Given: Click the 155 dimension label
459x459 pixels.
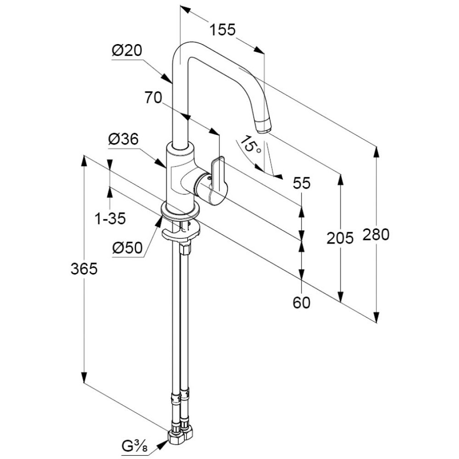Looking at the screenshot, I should click(223, 30).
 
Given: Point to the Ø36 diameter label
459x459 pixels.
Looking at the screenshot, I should click(123, 140).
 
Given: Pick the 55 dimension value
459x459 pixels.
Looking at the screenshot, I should click(301, 183).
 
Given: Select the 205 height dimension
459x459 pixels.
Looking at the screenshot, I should click(340, 238).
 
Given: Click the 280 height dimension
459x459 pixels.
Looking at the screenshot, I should click(376, 235).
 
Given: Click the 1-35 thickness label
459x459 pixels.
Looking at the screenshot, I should click(110, 219).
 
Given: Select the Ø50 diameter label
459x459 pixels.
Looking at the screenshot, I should click(127, 248).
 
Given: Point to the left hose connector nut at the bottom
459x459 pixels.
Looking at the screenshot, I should click(174, 437).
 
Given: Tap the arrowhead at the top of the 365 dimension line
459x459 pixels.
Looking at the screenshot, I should click(84, 160).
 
